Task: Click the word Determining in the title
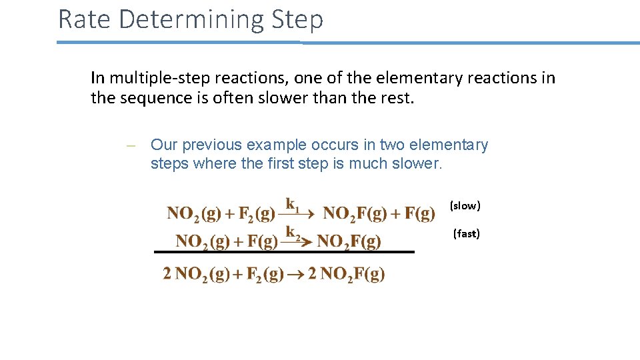192,20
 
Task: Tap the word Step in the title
297,20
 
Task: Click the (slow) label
465,206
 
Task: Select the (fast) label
466,234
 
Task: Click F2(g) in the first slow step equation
257,214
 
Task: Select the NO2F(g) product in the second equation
349,241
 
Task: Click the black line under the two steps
284,252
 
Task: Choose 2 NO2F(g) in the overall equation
346,274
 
